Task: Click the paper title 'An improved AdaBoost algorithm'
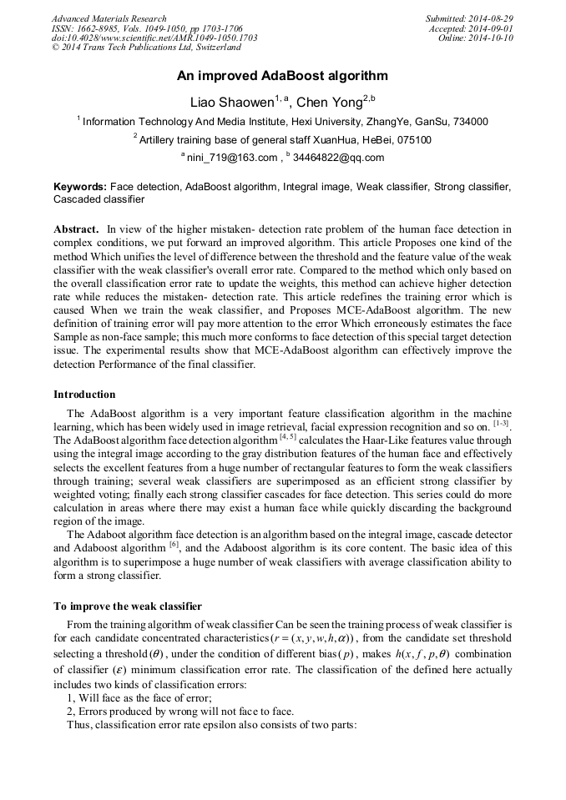tap(282, 76)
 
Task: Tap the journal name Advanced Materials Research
tap(109, 18)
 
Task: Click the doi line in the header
tap(154, 38)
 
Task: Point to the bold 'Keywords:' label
tap(80, 187)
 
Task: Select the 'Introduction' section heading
tap(84, 395)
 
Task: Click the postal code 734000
tap(470, 122)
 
